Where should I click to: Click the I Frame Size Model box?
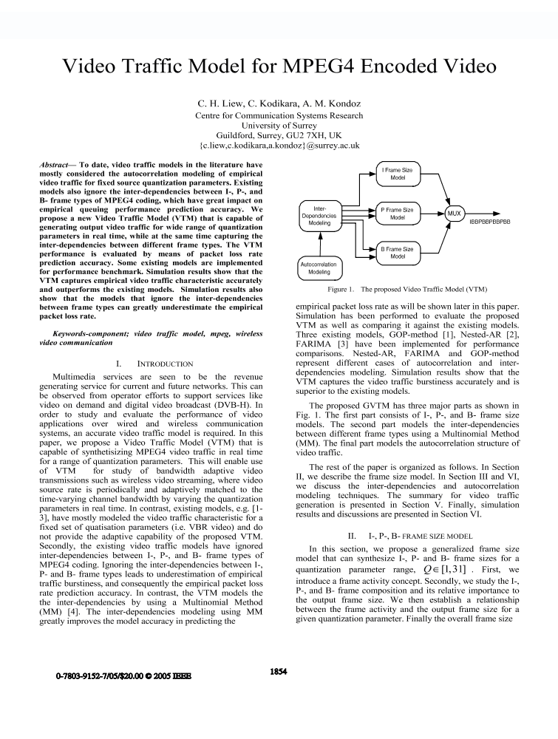tap(398, 174)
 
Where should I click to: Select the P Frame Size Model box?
tap(398, 214)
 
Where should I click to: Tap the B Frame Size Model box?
tap(398, 253)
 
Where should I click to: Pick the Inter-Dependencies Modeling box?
tap(319, 215)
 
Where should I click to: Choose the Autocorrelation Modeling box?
tap(319, 268)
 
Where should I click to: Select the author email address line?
tap(279, 146)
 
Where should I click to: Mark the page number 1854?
tap(279, 672)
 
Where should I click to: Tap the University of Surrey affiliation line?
tap(279, 126)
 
